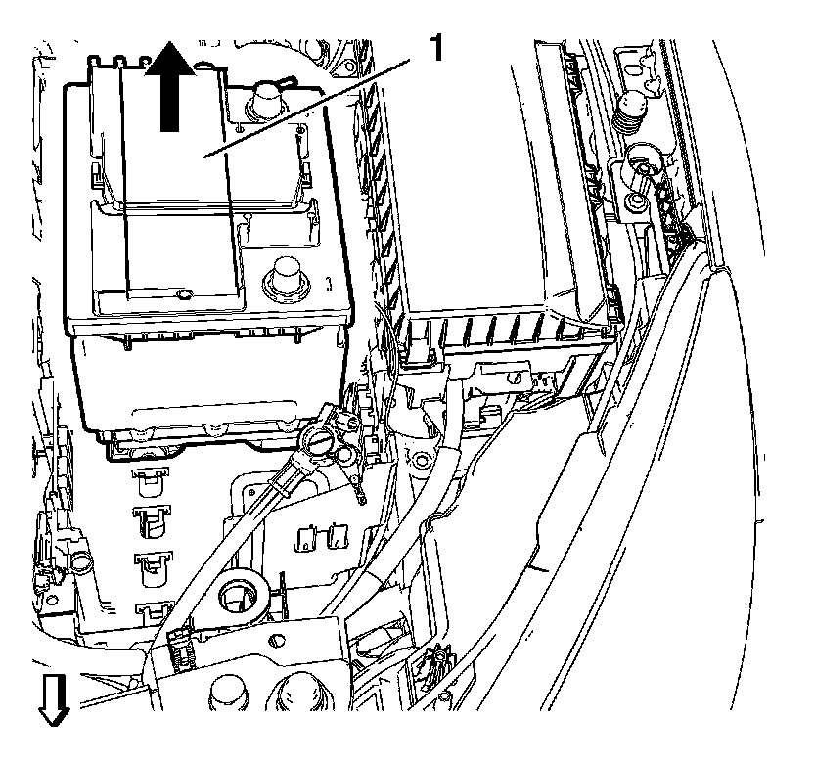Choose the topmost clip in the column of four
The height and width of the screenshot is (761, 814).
pos(149,478)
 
